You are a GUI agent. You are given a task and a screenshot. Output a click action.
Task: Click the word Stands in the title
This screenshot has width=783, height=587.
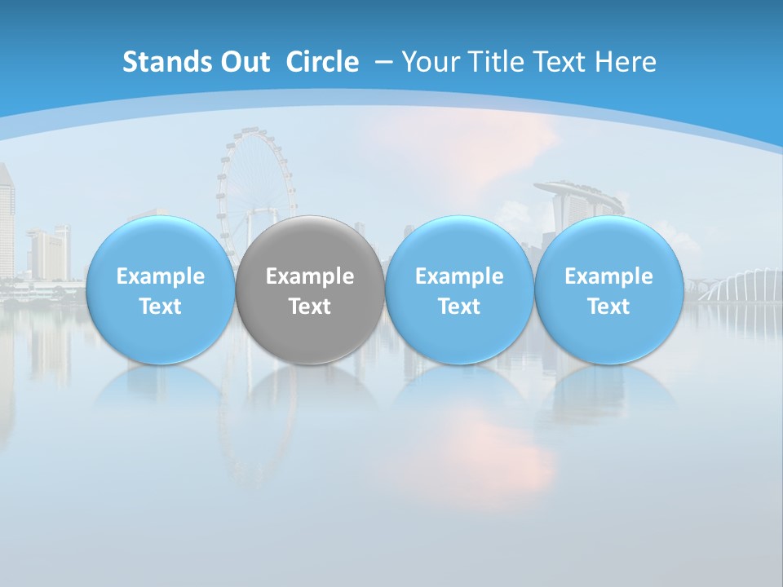coord(154,62)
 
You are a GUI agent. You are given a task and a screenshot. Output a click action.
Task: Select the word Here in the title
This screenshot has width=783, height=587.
coord(627,62)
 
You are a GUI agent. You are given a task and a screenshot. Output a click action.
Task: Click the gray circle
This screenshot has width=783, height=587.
coord(310,289)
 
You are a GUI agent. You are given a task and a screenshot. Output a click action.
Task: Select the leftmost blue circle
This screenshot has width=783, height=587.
coord(160,289)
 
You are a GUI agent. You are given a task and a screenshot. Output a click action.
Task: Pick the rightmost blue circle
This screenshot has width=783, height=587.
coord(608,289)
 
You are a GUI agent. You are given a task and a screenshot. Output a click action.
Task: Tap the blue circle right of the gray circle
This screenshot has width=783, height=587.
coord(459,289)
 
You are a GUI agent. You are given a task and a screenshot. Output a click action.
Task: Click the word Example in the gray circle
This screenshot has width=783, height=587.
coord(310,276)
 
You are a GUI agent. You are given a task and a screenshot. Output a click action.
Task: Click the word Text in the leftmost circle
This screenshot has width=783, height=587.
coord(160,307)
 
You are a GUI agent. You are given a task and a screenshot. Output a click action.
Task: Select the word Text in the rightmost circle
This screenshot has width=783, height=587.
coord(608,307)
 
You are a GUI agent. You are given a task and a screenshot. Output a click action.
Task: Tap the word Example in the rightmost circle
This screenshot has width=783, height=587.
coord(608,276)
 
